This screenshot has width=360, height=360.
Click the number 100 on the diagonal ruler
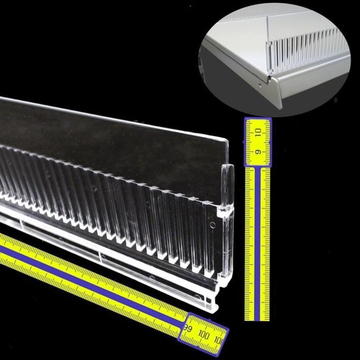pyautogui.click(x=204, y=335)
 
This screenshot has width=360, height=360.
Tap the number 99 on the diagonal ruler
pyautogui.click(x=187, y=328)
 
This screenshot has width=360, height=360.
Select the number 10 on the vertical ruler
pyautogui.click(x=258, y=132)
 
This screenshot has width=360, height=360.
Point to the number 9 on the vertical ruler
pyautogui.click(x=258, y=152)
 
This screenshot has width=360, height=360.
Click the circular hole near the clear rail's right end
pyautogui.click(x=212, y=225)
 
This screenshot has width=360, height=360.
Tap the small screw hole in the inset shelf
pyautogui.click(x=260, y=85)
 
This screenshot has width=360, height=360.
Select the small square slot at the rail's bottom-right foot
pyautogui.click(x=209, y=300)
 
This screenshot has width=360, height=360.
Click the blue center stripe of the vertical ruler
pyautogui.click(x=257, y=243)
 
